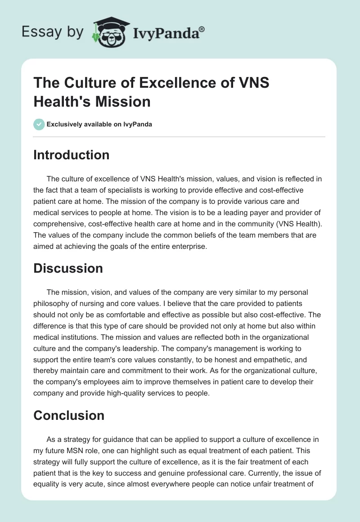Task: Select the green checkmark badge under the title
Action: point(39,124)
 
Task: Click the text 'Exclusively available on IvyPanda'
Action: point(99,124)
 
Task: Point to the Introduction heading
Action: point(72,155)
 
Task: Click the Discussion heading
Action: point(68,268)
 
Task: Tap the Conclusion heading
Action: point(69,415)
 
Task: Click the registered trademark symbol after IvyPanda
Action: point(202,29)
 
